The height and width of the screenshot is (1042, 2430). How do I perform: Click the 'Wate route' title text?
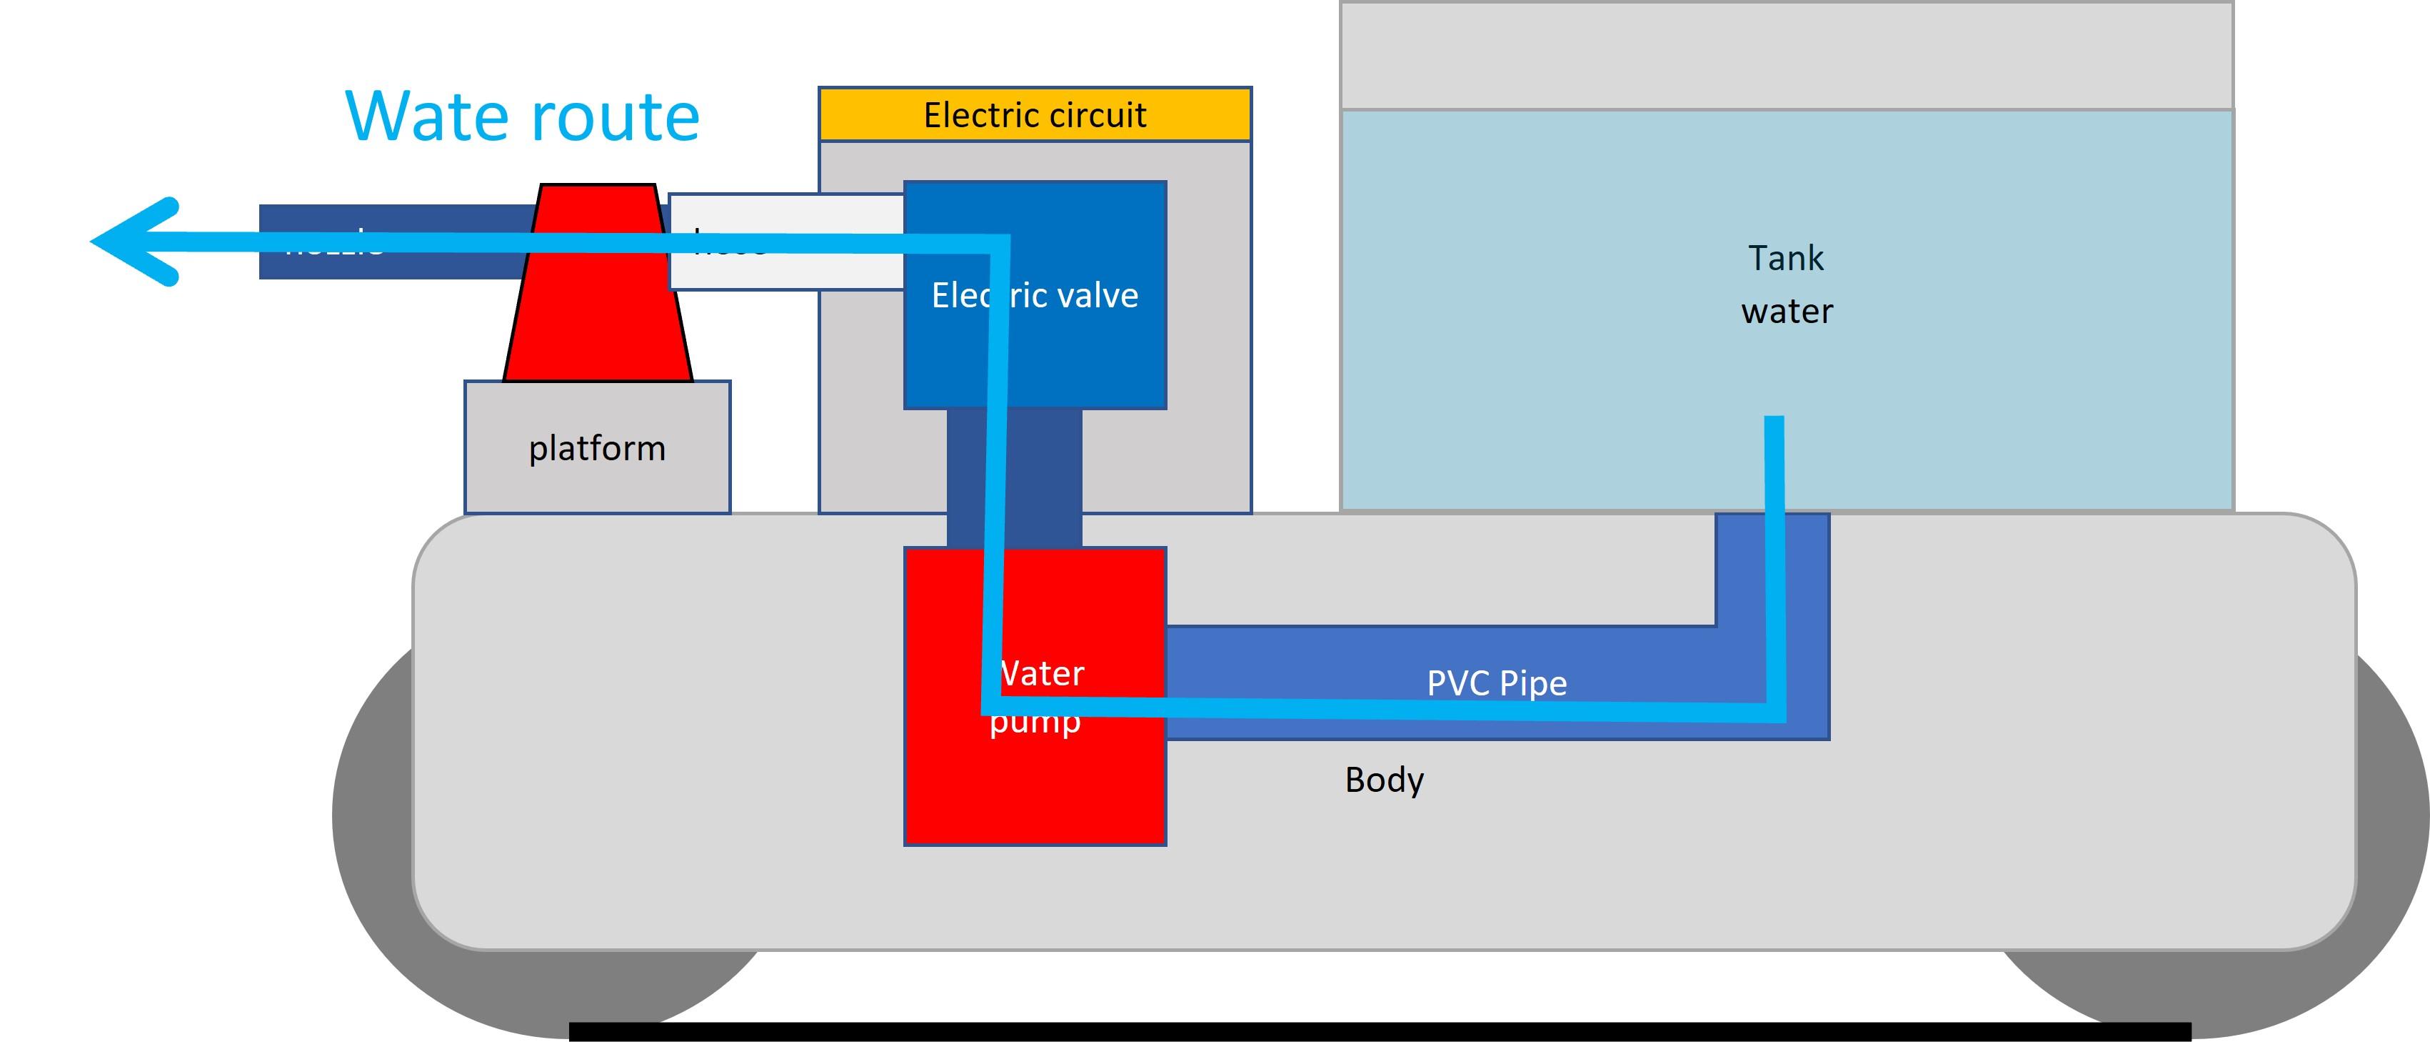523,117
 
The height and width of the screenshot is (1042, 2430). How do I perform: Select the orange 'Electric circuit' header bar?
1035,115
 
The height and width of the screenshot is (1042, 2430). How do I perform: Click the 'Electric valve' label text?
1035,295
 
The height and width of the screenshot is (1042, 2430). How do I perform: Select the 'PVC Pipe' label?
1496,683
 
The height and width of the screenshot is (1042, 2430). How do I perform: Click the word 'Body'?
1384,780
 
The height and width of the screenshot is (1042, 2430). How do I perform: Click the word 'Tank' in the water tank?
1786,258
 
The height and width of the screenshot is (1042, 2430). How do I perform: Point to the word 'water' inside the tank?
1787,312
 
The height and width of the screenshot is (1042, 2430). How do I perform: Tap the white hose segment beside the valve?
811,269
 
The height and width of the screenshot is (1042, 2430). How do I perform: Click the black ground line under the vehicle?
1377,1031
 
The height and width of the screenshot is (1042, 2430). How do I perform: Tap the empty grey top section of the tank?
1786,55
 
